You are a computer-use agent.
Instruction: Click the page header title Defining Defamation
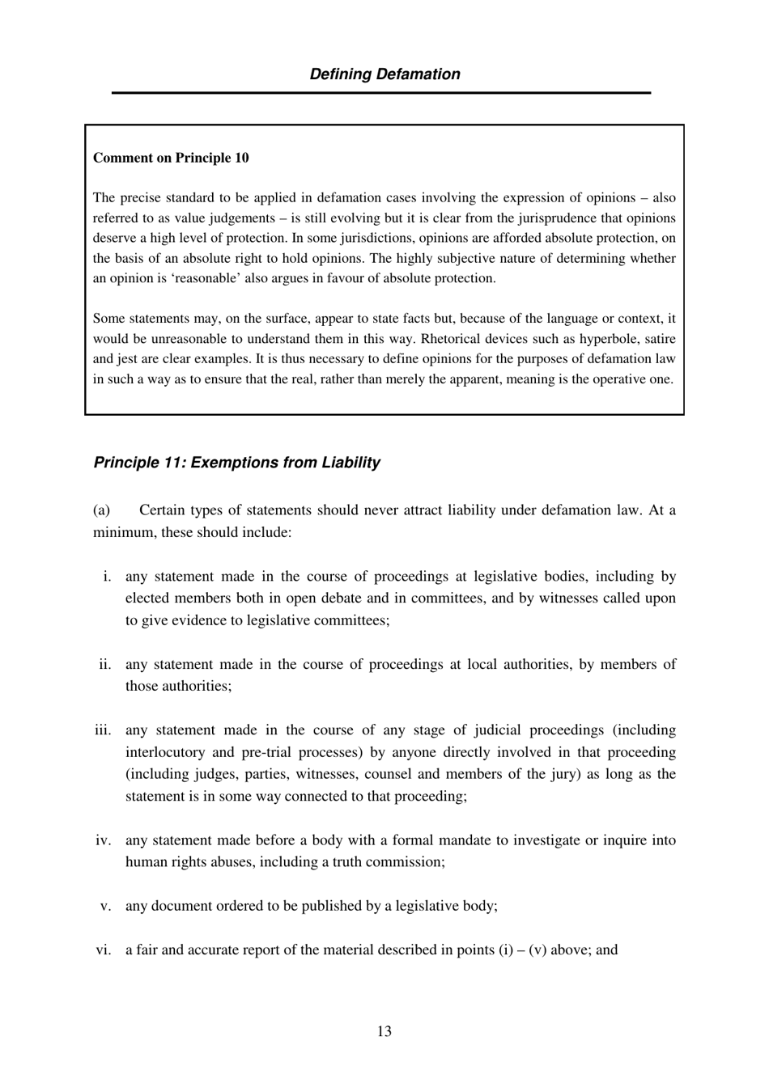(x=384, y=74)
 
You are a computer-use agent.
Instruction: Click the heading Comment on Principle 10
(x=171, y=158)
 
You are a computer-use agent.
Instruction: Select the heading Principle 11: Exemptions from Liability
(x=236, y=463)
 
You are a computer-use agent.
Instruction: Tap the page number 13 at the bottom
(x=384, y=1031)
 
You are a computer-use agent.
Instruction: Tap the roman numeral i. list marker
(x=107, y=577)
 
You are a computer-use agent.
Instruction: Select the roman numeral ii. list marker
(x=105, y=665)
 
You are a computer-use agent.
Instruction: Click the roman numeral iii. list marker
(x=103, y=730)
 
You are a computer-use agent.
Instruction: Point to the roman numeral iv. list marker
(x=104, y=840)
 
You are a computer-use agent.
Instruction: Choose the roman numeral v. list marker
(x=105, y=906)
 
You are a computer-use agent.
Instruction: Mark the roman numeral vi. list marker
(x=104, y=950)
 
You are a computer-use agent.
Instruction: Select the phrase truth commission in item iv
(x=391, y=862)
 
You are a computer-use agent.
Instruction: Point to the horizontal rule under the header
(x=381, y=93)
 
